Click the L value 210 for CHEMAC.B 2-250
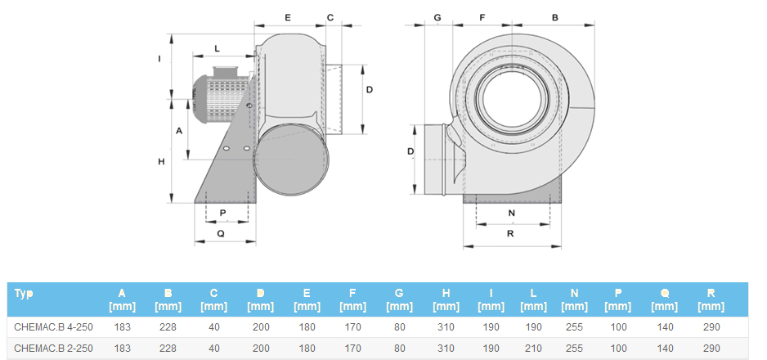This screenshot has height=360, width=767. pyautogui.click(x=533, y=349)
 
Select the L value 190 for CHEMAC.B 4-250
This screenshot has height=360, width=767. pyautogui.click(x=533, y=326)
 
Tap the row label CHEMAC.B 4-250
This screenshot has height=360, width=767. pyautogui.click(x=53, y=326)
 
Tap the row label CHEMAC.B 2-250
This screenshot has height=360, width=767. pyautogui.click(x=53, y=349)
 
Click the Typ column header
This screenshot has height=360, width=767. pyautogui.click(x=24, y=294)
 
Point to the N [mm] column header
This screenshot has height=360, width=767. pyautogui.click(x=574, y=299)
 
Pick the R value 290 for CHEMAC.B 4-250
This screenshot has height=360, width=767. pyautogui.click(x=711, y=326)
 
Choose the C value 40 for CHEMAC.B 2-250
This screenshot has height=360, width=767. pyautogui.click(x=213, y=349)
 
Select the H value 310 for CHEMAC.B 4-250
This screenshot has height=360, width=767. pyautogui.click(x=446, y=326)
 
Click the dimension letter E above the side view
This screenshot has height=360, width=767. pyautogui.click(x=288, y=18)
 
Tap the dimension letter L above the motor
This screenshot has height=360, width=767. pyautogui.click(x=218, y=49)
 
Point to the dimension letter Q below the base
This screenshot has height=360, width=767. pyautogui.click(x=221, y=234)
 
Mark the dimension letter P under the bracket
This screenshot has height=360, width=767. pyautogui.click(x=223, y=213)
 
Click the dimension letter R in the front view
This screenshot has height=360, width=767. pyautogui.click(x=510, y=234)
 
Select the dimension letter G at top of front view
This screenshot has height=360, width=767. pyautogui.click(x=437, y=18)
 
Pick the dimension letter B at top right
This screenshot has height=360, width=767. pyautogui.click(x=555, y=18)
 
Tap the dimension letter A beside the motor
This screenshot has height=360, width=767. pyautogui.click(x=179, y=131)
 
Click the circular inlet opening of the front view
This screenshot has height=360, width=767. pyautogui.click(x=512, y=99)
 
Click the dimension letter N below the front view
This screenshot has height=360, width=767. pyautogui.click(x=512, y=214)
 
